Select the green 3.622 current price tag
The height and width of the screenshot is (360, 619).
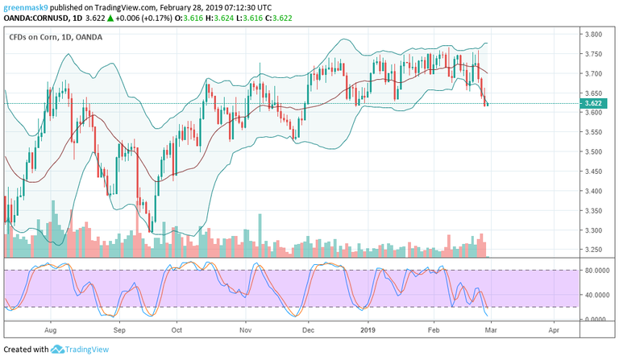(596, 103)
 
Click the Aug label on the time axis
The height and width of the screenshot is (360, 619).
(50, 330)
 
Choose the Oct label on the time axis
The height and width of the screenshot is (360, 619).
(177, 330)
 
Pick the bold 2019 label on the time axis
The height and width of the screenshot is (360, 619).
(368, 330)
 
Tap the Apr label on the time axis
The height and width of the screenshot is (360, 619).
(554, 330)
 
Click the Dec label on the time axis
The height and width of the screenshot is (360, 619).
(307, 330)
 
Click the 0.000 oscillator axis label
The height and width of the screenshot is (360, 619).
(597, 319)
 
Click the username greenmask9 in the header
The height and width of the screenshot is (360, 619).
(26, 6)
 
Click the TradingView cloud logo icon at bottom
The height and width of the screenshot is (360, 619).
(58, 350)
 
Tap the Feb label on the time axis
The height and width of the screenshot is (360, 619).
(434, 330)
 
